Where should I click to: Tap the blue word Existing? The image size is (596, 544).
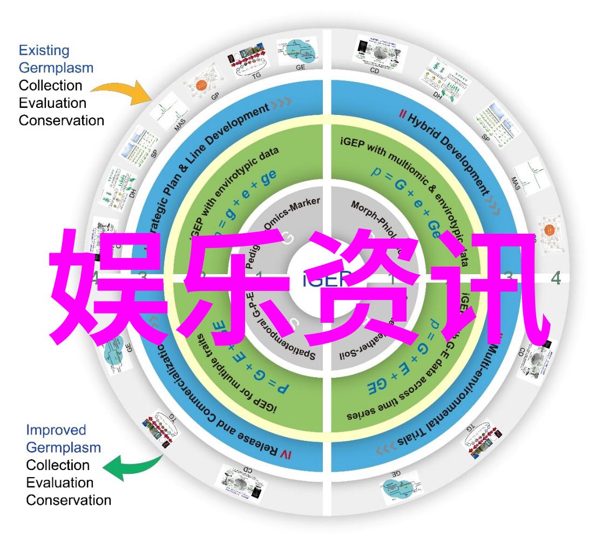click(44, 51)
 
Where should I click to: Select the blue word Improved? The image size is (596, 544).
click(56, 430)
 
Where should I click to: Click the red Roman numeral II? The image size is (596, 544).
click(402, 114)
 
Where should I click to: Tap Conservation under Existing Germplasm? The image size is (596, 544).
click(62, 120)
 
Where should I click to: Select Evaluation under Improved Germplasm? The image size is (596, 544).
click(60, 482)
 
